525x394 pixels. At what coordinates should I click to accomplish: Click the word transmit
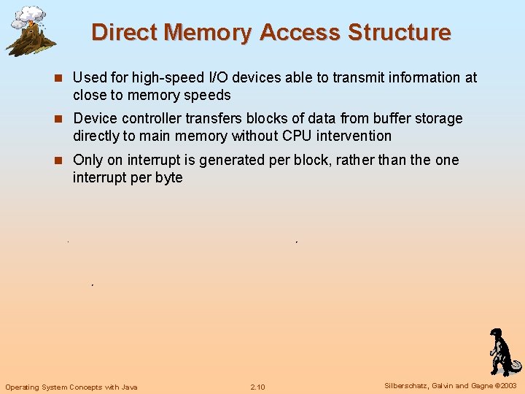click(359, 77)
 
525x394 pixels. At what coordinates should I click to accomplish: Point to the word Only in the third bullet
click(87, 160)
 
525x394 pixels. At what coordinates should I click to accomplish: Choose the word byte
click(168, 177)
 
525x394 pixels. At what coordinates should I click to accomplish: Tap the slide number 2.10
click(257, 387)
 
